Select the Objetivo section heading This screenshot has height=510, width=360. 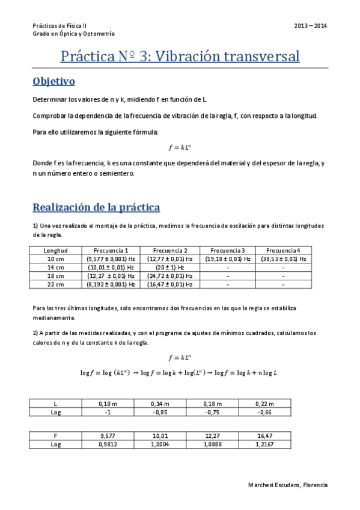[x=53, y=81]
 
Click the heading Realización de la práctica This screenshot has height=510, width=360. [x=96, y=207]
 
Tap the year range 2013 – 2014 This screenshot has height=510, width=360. [x=311, y=26]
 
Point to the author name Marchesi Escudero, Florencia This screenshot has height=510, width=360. [x=287, y=484]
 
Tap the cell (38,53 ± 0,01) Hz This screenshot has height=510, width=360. [x=284, y=259]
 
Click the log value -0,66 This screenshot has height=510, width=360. [x=266, y=412]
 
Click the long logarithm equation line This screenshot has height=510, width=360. [x=179, y=373]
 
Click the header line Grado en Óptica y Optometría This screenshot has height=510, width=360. [x=73, y=34]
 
